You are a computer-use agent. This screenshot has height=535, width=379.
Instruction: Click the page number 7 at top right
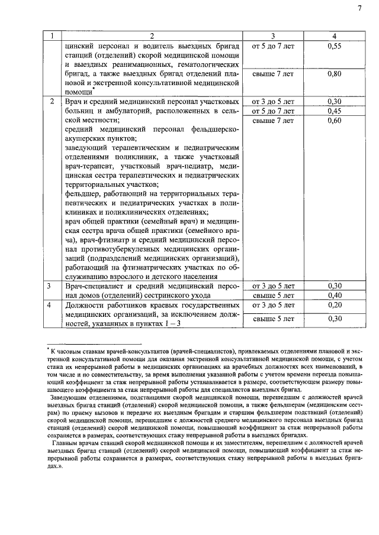click(x=359, y=8)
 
